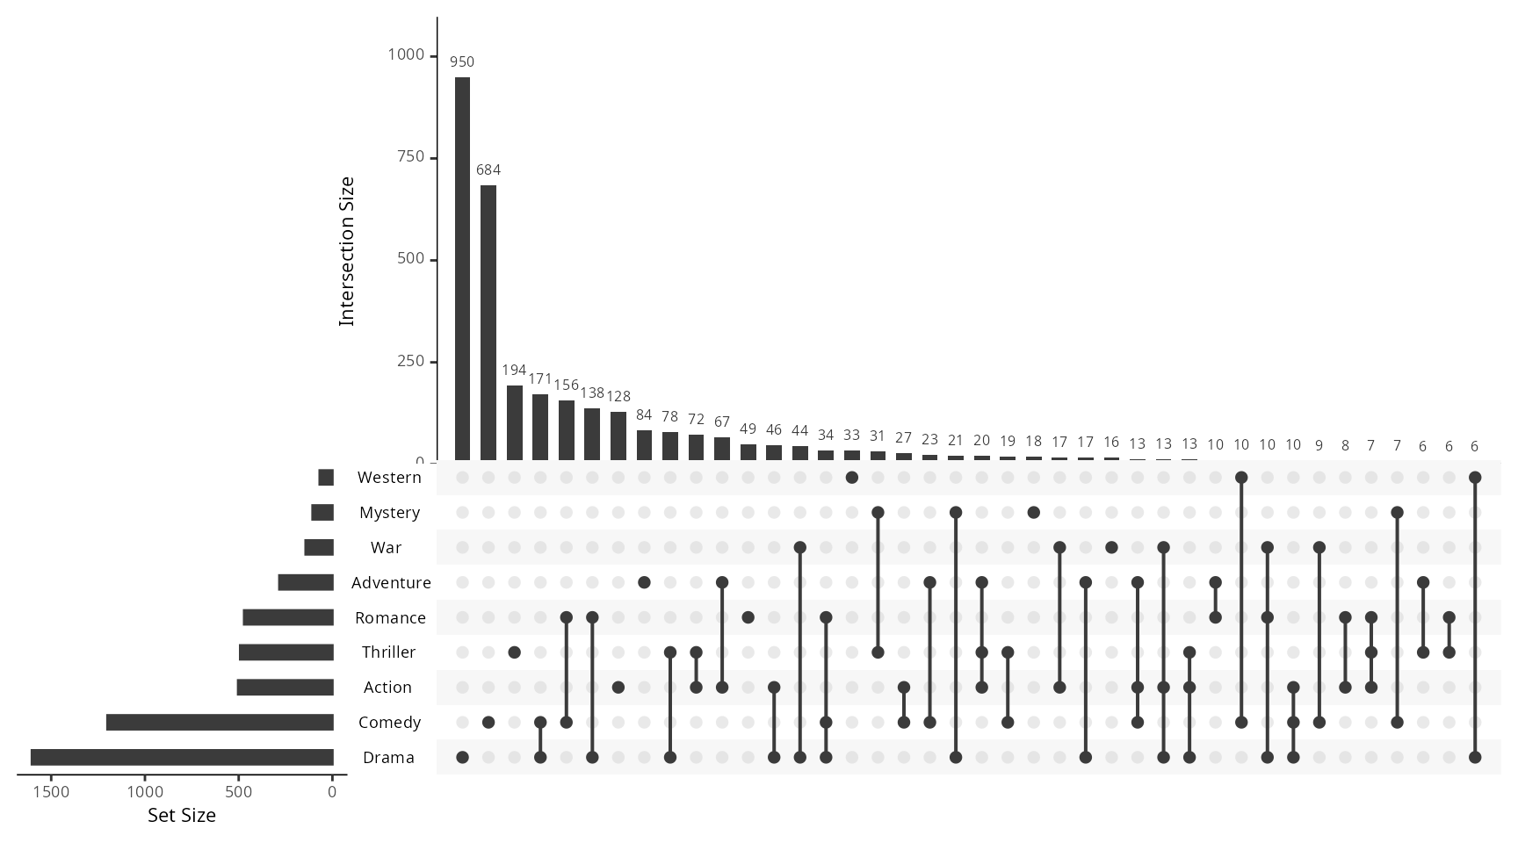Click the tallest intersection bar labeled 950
[462, 268]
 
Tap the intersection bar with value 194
[514, 422]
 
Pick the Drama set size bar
[182, 757]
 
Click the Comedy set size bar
[220, 722]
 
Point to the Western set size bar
[326, 478]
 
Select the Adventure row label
[391, 583]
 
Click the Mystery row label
[389, 513]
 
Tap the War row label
[386, 548]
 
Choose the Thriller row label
[388, 652]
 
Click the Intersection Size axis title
[347, 251]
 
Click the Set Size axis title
[182, 816]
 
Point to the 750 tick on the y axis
[406, 157]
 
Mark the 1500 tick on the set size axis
[51, 792]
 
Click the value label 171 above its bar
[540, 379]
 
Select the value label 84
[644, 414]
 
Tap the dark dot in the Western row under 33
[851, 478]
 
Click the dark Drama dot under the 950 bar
[462, 757]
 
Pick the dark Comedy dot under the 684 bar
[488, 722]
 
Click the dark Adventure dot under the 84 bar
[644, 583]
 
